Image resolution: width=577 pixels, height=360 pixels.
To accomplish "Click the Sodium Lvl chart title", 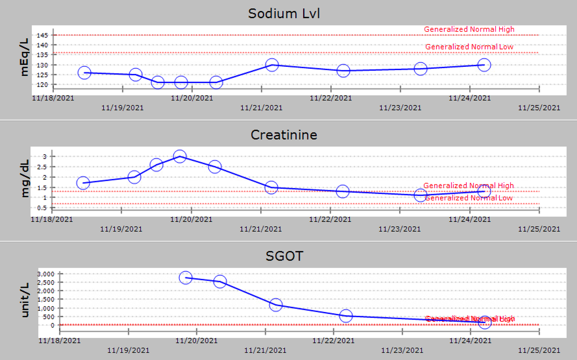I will pyautogui.click(x=284, y=13).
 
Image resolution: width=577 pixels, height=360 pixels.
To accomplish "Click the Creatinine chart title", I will pyautogui.click(x=284, y=135).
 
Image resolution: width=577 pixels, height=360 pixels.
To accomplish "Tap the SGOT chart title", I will pyautogui.click(x=285, y=256).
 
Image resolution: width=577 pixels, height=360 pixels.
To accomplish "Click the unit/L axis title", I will pyautogui.click(x=25, y=299).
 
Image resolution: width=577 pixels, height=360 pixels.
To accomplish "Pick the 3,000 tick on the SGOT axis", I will pyautogui.click(x=46, y=273).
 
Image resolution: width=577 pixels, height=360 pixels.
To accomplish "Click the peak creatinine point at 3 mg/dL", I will pyautogui.click(x=180, y=156).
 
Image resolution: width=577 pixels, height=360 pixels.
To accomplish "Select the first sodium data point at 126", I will pyautogui.click(x=84, y=73).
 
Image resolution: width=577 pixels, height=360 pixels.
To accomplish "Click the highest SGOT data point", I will pyautogui.click(x=186, y=277).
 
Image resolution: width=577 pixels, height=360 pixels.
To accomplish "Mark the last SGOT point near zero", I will pyautogui.click(x=484, y=322).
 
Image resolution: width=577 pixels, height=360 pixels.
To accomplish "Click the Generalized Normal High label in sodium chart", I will pyautogui.click(x=469, y=29).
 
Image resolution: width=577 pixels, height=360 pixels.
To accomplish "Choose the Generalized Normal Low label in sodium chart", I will pyautogui.click(x=469, y=47).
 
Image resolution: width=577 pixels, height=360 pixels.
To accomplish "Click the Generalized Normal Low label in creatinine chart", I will pyautogui.click(x=469, y=198).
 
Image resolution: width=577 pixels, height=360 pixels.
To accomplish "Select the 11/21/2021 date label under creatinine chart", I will pyautogui.click(x=261, y=229).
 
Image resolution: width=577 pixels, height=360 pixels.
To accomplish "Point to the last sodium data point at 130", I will pyautogui.click(x=484, y=65).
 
